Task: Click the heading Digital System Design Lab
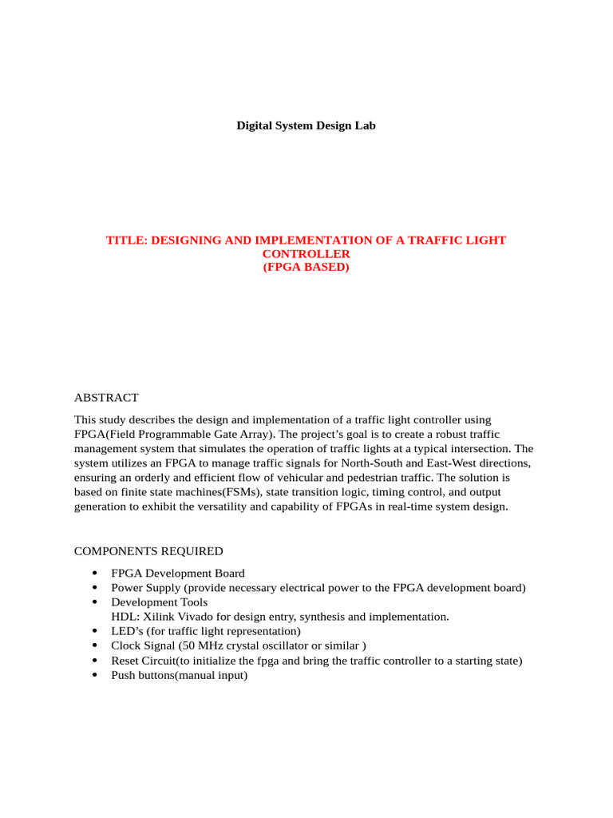pos(306,125)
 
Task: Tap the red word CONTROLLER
pos(306,253)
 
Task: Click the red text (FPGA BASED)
pos(306,267)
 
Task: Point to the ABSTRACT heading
pos(106,397)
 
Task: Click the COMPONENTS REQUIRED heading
pos(148,551)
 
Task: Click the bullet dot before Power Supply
pos(95,588)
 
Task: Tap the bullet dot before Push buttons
pos(95,676)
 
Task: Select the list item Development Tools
pos(159,602)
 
